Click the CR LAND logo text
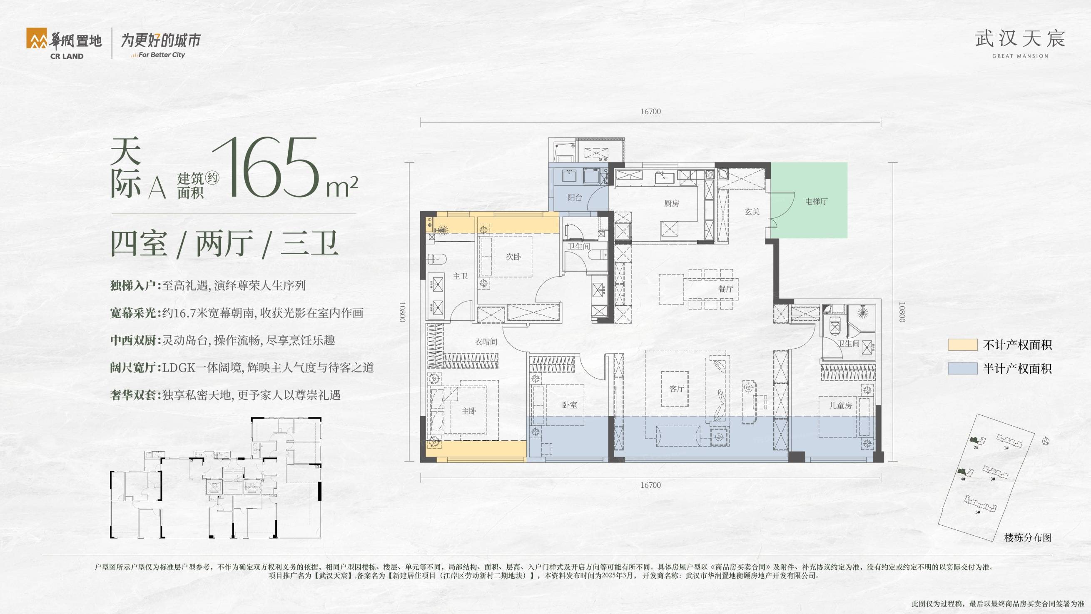coord(67,56)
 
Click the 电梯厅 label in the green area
coord(816,201)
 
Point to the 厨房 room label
coord(672,203)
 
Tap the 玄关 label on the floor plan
coord(752,212)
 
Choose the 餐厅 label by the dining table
coord(725,289)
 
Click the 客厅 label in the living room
coord(677,389)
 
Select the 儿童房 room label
coord(840,405)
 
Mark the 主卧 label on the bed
coord(469,411)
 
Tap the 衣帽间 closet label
coord(486,342)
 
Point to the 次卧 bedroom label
coord(513,256)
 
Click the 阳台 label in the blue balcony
coord(575,197)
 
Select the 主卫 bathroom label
coord(461,276)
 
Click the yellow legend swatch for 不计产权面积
coord(963,344)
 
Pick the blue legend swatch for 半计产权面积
coord(963,368)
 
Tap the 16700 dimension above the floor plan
coord(650,112)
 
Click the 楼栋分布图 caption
coord(1028,538)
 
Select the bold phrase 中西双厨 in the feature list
coord(133,340)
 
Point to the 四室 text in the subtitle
coord(139,244)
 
